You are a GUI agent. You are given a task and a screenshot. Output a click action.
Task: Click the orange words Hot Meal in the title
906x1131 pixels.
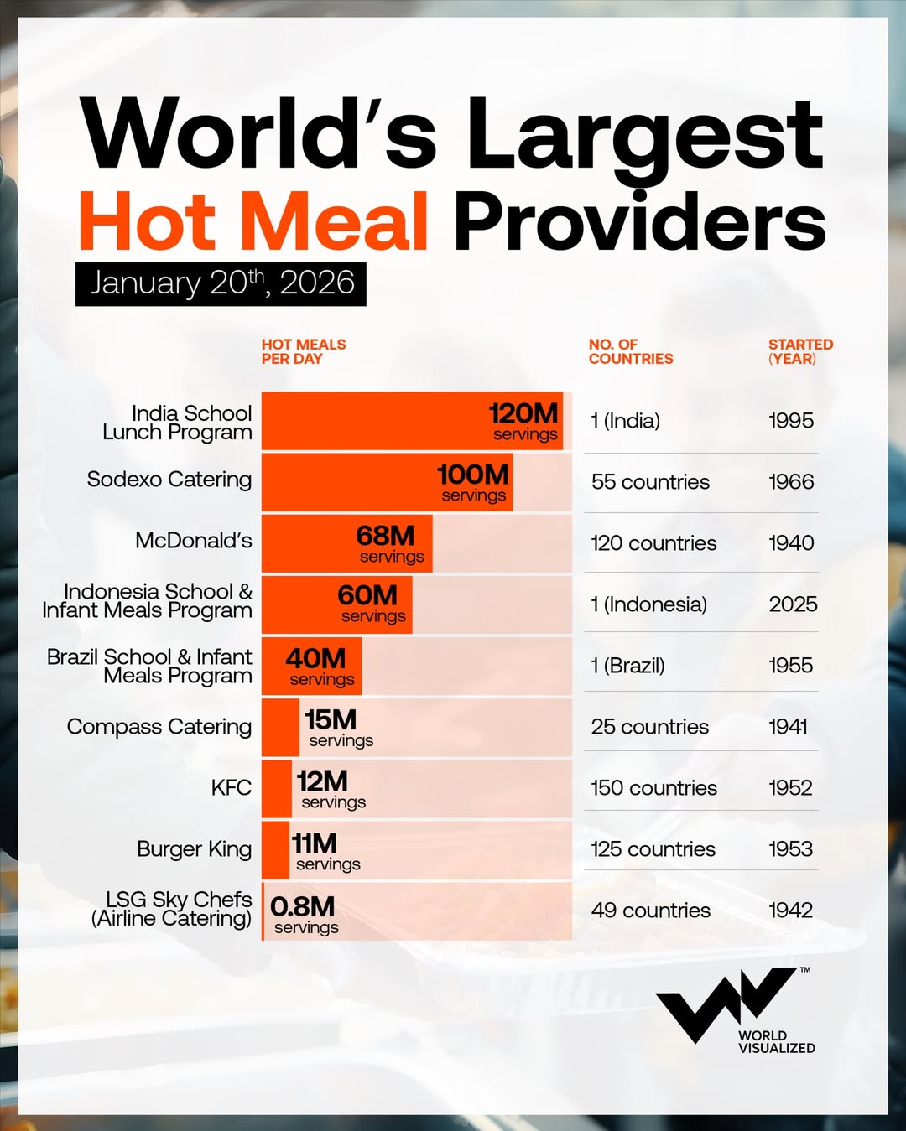pyautogui.click(x=253, y=220)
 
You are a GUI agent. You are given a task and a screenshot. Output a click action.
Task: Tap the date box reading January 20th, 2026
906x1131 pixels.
pyautogui.click(x=221, y=283)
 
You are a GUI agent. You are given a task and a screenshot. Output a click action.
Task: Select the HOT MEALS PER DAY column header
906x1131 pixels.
pyautogui.click(x=303, y=351)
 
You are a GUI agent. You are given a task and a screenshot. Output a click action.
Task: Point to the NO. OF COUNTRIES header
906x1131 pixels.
pyautogui.click(x=630, y=351)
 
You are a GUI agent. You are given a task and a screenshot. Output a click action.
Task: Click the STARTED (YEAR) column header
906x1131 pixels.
pyautogui.click(x=800, y=351)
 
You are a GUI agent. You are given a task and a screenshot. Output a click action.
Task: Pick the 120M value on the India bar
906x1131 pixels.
pyautogui.click(x=523, y=413)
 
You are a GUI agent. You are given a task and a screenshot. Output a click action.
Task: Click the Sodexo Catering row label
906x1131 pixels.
pyautogui.click(x=169, y=480)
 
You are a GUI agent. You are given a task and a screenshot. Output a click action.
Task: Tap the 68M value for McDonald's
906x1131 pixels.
pyautogui.click(x=385, y=536)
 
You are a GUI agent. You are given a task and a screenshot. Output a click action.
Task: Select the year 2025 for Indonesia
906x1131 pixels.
pyautogui.click(x=793, y=604)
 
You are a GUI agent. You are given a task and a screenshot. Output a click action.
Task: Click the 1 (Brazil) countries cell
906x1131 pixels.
pyautogui.click(x=627, y=666)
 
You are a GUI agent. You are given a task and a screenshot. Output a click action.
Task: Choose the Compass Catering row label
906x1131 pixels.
pyautogui.click(x=159, y=727)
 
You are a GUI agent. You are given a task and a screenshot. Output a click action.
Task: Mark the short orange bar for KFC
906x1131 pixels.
pyautogui.click(x=277, y=788)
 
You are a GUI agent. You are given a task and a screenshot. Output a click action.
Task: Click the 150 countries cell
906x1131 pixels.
pyautogui.click(x=653, y=788)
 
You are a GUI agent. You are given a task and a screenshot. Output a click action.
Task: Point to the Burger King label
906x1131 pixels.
pyautogui.click(x=194, y=849)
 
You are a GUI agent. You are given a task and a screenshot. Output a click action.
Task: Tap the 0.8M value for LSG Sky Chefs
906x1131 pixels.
pyautogui.click(x=302, y=906)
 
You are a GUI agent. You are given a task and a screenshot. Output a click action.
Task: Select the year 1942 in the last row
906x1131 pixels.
pyautogui.click(x=791, y=911)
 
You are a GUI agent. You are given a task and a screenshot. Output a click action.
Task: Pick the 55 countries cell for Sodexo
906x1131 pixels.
pyautogui.click(x=650, y=482)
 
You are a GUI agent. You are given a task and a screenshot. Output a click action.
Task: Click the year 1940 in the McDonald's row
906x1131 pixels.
pyautogui.click(x=791, y=543)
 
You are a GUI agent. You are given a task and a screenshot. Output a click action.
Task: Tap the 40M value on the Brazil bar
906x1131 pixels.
pyautogui.click(x=315, y=659)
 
